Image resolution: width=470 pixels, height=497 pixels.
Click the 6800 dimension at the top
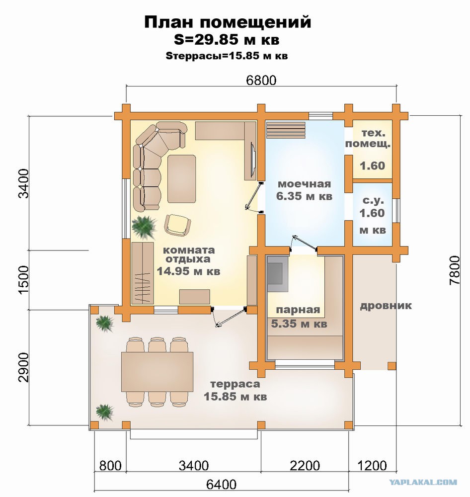(261, 80)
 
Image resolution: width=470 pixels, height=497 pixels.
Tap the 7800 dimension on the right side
(454, 270)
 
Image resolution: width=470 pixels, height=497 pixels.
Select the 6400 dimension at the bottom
(221, 485)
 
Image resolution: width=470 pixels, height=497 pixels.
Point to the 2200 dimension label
(305, 466)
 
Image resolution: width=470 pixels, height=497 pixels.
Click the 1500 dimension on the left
(23, 280)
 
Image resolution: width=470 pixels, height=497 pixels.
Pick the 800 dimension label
(110, 466)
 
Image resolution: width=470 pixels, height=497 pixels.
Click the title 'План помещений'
(228, 22)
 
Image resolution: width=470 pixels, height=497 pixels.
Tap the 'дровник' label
(386, 306)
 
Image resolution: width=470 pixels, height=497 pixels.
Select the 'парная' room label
(298, 310)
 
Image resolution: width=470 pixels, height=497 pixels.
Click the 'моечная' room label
(304, 184)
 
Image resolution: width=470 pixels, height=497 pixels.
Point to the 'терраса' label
(235, 384)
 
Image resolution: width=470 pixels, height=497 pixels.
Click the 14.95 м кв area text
(189, 271)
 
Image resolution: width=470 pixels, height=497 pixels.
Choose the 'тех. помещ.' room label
(368, 139)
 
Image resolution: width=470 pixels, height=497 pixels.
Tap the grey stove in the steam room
(278, 273)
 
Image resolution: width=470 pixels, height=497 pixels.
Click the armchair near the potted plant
(177, 225)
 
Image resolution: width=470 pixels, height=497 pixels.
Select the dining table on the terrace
(157, 372)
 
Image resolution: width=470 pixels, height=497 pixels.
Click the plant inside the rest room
(144, 227)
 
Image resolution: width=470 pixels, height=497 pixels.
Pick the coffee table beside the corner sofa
(182, 178)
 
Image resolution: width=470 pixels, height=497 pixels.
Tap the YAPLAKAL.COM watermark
(423, 482)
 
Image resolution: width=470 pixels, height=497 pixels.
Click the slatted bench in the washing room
(286, 130)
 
